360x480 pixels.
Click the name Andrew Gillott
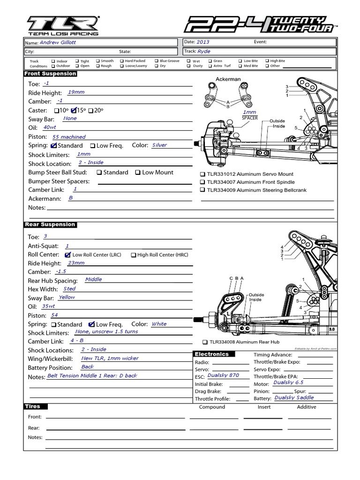58,42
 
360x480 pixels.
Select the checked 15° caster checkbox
73,110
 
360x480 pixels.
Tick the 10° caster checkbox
57,110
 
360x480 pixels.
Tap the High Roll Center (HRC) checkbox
133,255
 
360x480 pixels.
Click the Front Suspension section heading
51,74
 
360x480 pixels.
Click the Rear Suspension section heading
50,225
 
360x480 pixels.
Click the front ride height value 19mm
76,92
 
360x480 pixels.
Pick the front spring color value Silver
159,145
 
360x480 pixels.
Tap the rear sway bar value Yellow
67,297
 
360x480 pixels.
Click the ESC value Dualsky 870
223,375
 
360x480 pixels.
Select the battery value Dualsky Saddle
294,397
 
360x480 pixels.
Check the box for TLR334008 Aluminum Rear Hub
205,342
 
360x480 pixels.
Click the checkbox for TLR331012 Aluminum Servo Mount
202,174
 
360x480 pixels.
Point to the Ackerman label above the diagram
228,79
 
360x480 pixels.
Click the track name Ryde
204,52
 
